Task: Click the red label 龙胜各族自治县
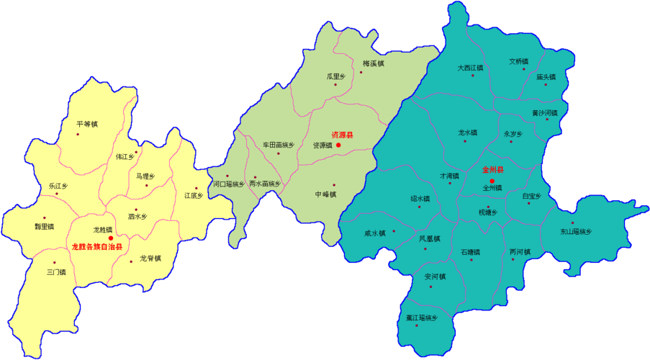pos(96,246)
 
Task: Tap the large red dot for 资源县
pos(338,145)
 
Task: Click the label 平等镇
pos(86,124)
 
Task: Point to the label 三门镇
pos(56,272)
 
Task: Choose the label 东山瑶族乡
pos(575,232)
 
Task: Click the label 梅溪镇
pos(373,63)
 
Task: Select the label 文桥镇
pos(518,61)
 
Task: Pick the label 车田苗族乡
pos(279,145)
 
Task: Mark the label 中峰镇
pos(325,194)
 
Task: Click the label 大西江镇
pos(470,68)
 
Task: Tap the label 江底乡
pos(194,195)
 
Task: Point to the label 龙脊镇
pos(150,258)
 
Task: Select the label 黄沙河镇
pos(544,113)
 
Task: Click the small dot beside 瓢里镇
pos(44,217)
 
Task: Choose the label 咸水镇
pos(375,233)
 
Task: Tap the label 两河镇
pos(519,252)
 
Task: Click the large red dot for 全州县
pos(492,180)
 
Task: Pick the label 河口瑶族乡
pos(228,184)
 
